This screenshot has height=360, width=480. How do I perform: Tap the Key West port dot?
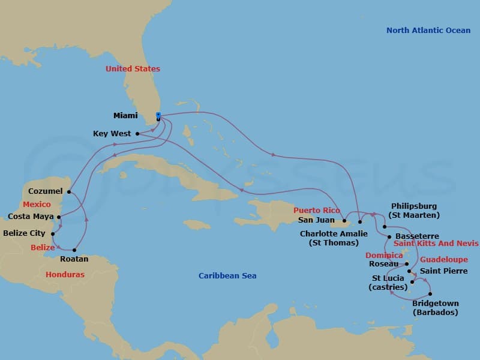[x=137, y=134]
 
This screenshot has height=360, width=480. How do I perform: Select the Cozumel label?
[x=46, y=191]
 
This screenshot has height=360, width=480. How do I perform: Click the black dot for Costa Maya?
[x=59, y=217]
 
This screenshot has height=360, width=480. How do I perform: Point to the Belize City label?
[x=25, y=233]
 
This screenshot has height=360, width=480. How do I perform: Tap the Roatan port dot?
[x=74, y=250]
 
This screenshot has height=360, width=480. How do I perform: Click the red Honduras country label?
[x=65, y=274]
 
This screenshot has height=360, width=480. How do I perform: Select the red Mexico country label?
[x=37, y=205]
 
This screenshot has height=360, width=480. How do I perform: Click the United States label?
[x=133, y=69]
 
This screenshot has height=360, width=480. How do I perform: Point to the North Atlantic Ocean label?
[x=428, y=30]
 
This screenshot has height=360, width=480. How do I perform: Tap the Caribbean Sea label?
[x=227, y=275]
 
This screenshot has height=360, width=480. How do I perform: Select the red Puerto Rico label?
[x=317, y=211]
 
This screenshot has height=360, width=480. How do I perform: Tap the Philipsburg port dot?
[x=384, y=227]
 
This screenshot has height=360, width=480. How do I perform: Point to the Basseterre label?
[x=417, y=236]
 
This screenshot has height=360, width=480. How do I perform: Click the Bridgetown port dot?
[x=431, y=293]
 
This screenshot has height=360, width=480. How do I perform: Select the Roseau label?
[x=385, y=264]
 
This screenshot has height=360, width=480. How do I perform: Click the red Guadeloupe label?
[x=443, y=260]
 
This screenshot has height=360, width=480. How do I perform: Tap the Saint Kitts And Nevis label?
[x=436, y=244]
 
